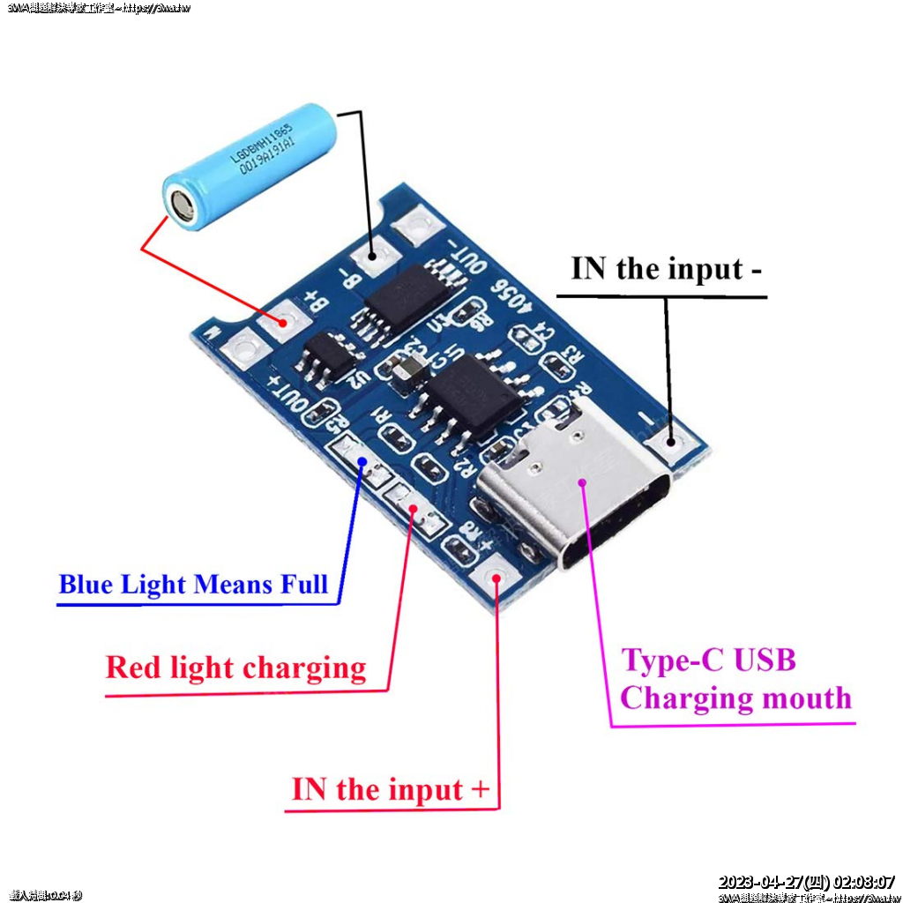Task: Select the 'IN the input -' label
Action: [666, 269]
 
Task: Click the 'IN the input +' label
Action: [390, 789]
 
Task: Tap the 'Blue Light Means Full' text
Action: [193, 585]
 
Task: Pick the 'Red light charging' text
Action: [235, 668]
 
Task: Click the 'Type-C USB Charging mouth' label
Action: [735, 679]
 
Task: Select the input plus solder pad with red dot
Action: [496, 579]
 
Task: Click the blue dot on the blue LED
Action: [362, 460]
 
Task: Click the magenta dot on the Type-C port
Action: [583, 481]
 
